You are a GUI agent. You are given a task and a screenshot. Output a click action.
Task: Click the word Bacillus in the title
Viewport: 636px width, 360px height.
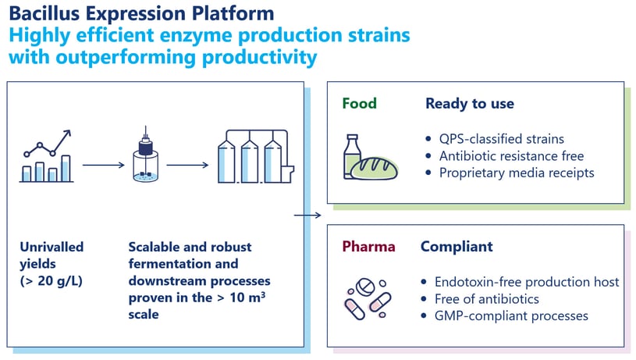tap(44, 13)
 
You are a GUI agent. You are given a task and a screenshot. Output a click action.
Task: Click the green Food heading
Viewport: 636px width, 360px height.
tap(360, 104)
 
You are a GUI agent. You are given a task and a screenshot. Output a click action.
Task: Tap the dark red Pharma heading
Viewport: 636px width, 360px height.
tap(368, 246)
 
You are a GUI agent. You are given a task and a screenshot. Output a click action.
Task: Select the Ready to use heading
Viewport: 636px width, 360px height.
tap(470, 104)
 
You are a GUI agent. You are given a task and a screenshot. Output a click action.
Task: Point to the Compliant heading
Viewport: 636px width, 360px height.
tap(457, 247)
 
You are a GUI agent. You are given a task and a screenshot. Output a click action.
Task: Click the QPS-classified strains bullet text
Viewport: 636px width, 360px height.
tap(501, 139)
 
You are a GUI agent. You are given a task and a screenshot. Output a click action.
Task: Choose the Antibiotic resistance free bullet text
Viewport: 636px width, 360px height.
tap(511, 156)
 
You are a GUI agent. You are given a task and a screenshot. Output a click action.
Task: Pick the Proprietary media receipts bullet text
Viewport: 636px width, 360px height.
tap(517, 173)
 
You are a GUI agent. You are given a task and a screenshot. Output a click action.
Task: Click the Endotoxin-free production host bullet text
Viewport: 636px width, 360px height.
tap(527, 282)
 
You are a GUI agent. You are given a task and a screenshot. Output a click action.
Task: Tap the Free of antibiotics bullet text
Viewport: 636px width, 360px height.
tap(487, 299)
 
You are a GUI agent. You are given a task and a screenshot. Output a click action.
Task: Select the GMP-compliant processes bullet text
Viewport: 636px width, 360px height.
tap(511, 315)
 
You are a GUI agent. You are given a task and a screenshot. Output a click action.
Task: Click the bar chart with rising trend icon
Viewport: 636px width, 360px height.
tap(47, 156)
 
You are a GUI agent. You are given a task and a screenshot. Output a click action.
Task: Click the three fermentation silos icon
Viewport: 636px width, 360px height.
tap(255, 156)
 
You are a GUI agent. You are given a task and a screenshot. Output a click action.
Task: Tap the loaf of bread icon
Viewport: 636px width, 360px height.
tap(375, 169)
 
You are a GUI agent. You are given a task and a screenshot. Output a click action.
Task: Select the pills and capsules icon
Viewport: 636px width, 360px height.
tap(368, 298)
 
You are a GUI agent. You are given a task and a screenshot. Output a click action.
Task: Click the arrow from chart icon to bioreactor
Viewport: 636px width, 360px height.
tap(104, 165)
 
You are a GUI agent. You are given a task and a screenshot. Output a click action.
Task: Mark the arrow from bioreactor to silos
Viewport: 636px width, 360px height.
tap(187, 165)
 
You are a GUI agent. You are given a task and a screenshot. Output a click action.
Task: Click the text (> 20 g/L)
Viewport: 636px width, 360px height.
tap(51, 281)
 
